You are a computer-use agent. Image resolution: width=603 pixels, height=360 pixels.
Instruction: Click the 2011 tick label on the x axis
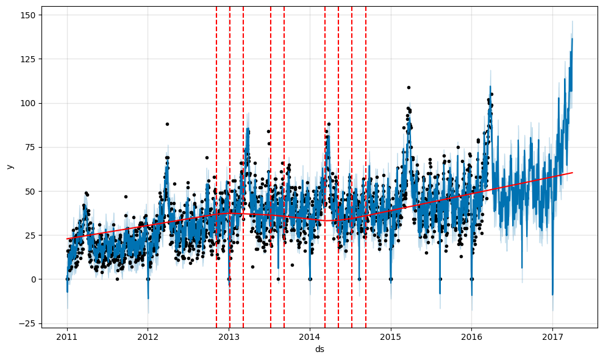67,336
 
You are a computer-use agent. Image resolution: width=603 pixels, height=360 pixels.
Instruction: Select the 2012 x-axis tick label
148,336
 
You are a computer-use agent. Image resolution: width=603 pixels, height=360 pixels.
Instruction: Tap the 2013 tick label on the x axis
229,336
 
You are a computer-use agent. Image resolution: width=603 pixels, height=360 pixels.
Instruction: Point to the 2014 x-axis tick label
310,336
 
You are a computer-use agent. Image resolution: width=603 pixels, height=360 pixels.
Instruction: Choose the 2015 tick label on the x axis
390,336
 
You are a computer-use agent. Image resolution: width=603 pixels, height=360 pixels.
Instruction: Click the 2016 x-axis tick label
471,336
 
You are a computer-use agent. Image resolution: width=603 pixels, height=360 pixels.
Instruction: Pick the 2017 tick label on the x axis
552,336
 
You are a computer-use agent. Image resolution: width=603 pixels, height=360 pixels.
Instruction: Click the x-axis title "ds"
319,349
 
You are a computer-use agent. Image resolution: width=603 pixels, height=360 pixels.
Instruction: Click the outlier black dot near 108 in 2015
409,87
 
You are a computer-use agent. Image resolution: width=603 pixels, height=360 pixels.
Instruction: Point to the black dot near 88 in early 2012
167,124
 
